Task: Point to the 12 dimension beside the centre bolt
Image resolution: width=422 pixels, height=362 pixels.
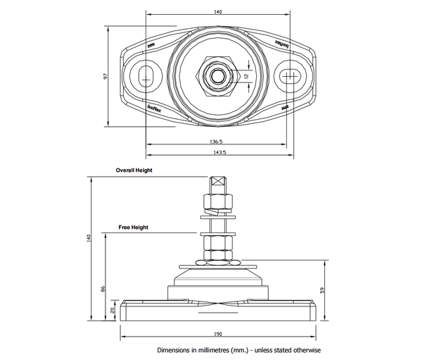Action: point(246,75)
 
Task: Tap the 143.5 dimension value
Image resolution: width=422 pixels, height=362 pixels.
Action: point(219,152)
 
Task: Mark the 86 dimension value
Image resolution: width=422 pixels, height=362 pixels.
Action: point(103,289)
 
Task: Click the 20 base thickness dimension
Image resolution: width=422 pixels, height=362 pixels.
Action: point(113,310)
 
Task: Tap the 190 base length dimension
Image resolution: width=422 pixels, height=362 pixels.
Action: point(217,335)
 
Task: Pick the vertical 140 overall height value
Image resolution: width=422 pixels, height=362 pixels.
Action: point(89,238)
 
